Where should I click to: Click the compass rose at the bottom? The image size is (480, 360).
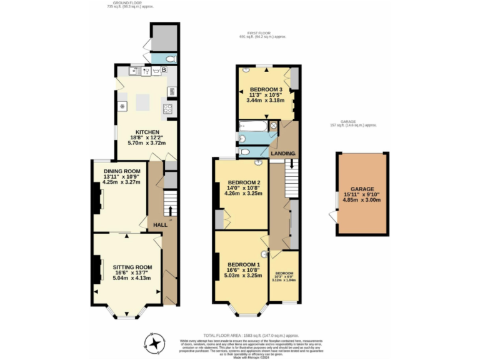[x=153, y=341]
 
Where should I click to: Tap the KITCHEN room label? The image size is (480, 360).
[x=147, y=132]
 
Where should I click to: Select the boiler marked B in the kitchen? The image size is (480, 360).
[x=164, y=70]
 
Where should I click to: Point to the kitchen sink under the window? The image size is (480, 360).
[x=146, y=71]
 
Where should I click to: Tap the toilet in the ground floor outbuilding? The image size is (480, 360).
[x=170, y=59]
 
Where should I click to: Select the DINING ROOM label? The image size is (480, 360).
[x=122, y=171]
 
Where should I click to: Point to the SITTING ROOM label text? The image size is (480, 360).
[x=127, y=267]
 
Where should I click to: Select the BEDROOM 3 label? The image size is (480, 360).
[x=266, y=89]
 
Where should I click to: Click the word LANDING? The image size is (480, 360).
[x=282, y=153]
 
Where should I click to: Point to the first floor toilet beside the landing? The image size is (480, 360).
[x=244, y=152]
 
